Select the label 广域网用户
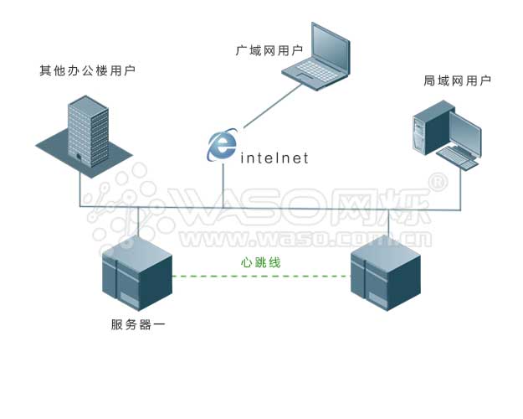tap(269, 50)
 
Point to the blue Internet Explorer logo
tap(222, 144)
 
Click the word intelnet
tap(274, 157)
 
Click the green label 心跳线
tap(260, 262)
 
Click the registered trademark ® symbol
tap(437, 181)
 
